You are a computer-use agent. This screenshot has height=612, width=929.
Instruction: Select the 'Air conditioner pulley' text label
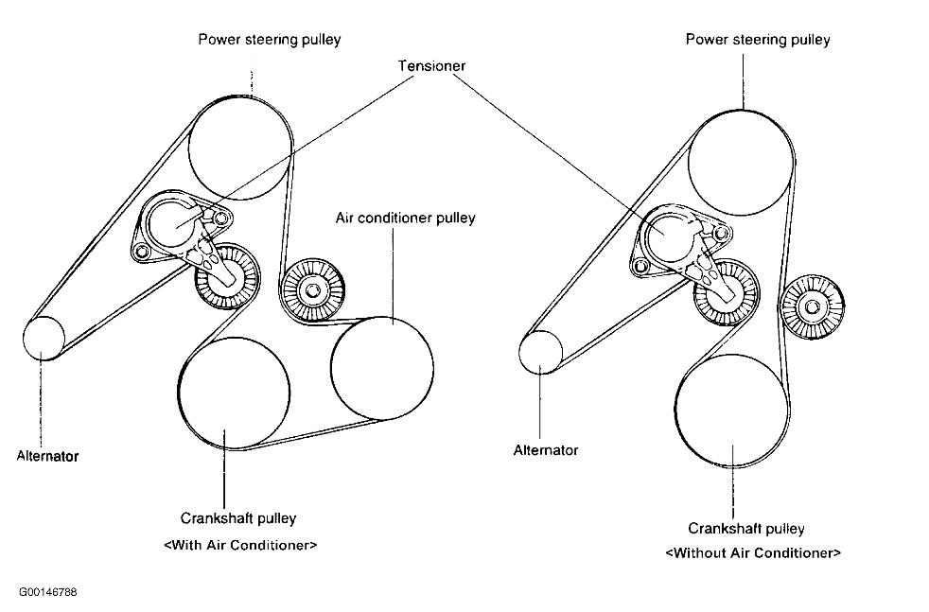point(405,218)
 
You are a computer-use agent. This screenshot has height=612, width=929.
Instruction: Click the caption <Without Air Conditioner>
point(753,552)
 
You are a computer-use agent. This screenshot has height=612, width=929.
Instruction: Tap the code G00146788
point(47,593)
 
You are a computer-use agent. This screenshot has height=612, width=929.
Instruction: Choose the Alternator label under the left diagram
point(47,456)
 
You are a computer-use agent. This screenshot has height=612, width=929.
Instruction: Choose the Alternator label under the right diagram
point(546,450)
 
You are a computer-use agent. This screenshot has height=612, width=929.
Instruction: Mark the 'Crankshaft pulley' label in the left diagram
point(238,518)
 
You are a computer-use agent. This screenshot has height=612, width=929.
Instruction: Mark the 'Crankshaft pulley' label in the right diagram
point(746,528)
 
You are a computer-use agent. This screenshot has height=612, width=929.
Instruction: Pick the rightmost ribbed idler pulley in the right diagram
point(813,306)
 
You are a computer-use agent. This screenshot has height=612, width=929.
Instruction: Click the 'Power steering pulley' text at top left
point(269,40)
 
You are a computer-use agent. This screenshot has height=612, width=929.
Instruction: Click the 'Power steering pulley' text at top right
point(758,40)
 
